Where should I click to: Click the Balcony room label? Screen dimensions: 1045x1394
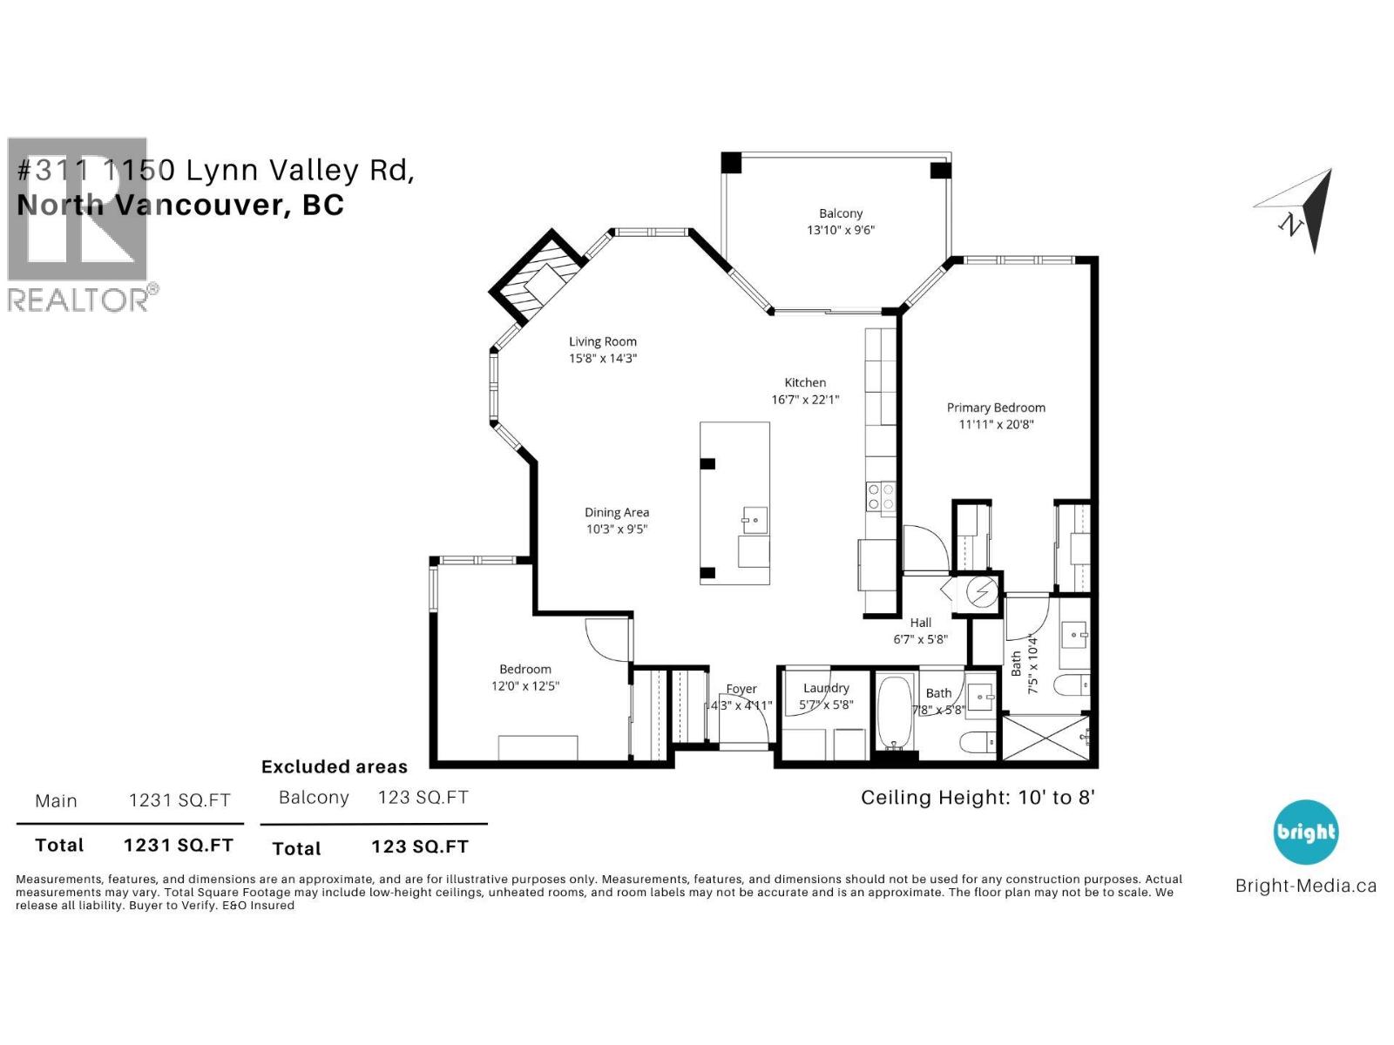coord(840,213)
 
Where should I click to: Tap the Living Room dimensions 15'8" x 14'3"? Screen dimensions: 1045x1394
coord(603,359)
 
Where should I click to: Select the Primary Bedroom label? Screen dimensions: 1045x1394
coord(996,408)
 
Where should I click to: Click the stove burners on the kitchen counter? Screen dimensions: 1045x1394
coord(880,497)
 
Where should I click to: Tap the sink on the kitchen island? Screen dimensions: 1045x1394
coord(755,522)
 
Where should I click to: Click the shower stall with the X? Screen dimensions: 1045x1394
coord(1045,737)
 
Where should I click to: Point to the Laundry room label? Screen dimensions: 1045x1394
coord(826,688)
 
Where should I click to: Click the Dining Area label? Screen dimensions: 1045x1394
coord(617,513)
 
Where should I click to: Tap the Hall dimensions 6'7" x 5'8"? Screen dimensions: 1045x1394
coord(920,639)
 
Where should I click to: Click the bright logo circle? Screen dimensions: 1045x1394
coord(1305,832)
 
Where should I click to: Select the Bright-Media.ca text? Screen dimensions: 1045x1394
coord(1305,887)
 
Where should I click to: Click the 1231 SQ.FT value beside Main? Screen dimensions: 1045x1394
coord(179,801)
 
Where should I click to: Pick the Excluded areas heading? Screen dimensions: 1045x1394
coord(335,767)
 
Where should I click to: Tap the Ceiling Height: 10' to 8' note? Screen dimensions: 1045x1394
coord(977,798)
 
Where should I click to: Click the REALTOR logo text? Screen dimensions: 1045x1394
coord(78,300)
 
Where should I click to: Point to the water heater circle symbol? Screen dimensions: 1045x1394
coord(982,592)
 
